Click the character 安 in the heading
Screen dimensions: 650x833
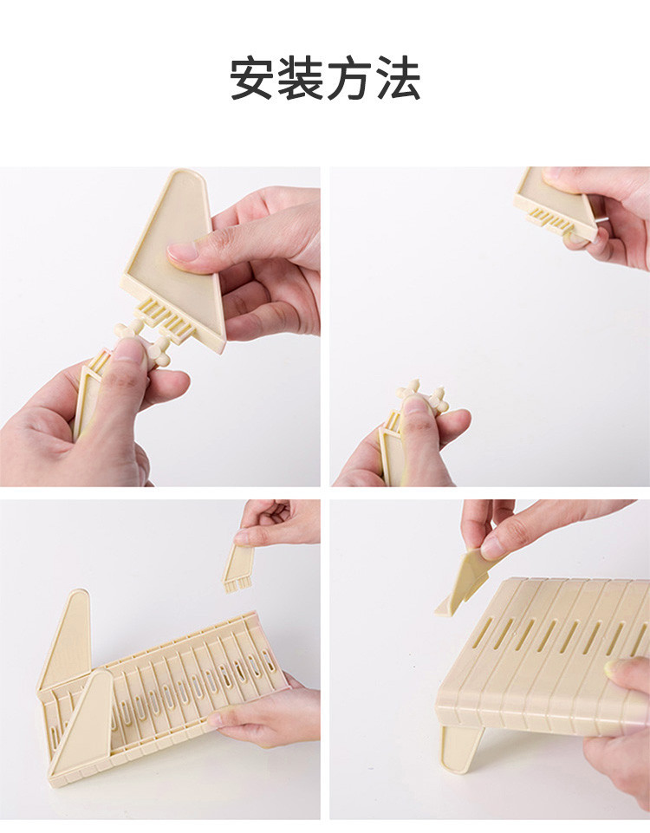pos(251,79)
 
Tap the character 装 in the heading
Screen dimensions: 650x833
pos(300,79)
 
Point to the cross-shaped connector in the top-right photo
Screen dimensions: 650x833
pos(422,397)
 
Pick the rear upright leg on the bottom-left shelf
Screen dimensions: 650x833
pos(67,637)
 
